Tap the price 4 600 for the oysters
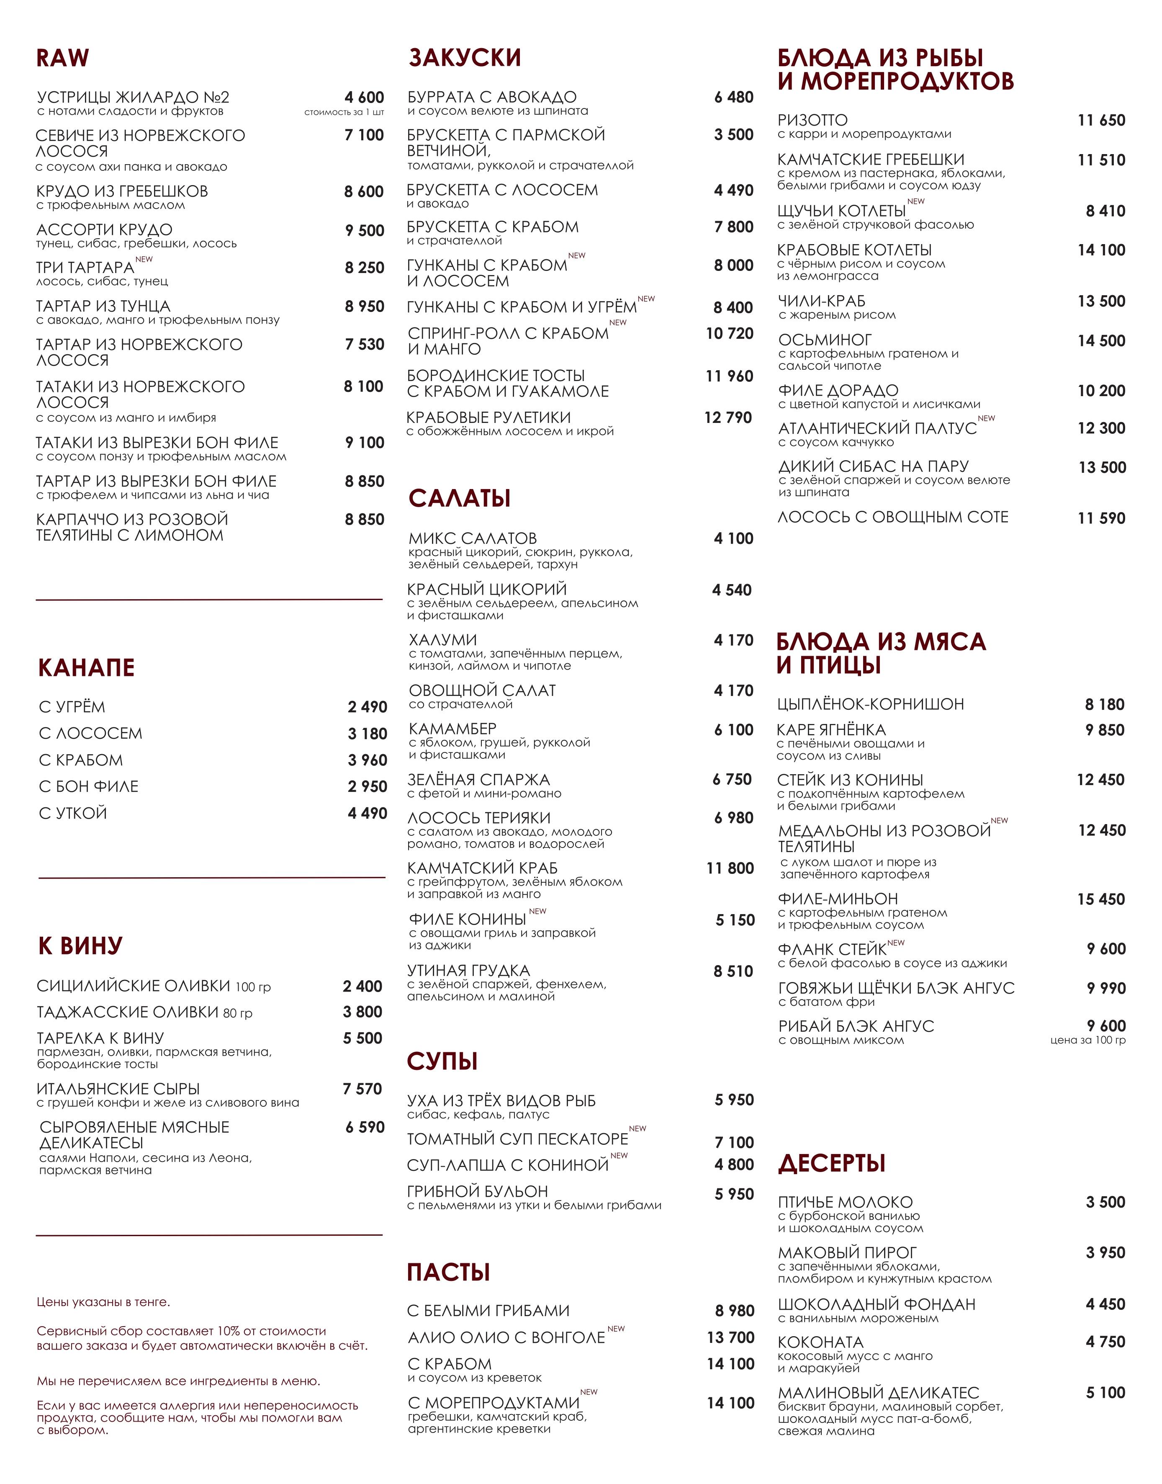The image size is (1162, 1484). click(364, 97)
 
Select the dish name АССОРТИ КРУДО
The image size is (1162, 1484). click(104, 229)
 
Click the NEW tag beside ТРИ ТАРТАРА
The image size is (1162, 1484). click(144, 259)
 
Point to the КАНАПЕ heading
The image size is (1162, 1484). click(86, 667)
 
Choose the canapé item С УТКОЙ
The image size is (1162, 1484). click(73, 813)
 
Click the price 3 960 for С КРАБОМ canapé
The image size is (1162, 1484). click(368, 760)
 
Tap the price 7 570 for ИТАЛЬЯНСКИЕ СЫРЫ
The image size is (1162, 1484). click(362, 1089)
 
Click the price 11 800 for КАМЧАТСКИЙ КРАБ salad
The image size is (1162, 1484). click(730, 868)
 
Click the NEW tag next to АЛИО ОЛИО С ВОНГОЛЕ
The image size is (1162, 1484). click(617, 1329)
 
